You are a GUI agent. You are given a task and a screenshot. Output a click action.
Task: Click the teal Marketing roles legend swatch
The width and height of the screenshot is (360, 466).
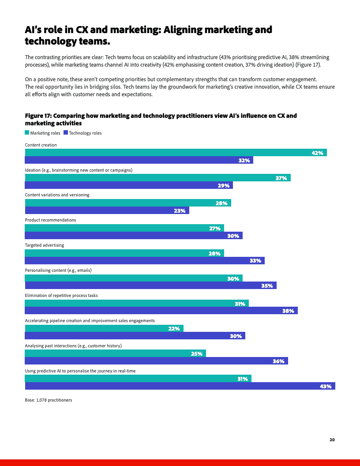point(27,133)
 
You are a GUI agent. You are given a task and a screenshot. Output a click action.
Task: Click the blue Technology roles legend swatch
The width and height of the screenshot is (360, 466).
point(66,133)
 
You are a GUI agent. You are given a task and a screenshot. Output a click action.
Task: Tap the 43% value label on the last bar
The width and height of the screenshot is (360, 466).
point(325,386)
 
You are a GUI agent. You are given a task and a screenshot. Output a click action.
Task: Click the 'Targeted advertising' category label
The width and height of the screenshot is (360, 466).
point(44,245)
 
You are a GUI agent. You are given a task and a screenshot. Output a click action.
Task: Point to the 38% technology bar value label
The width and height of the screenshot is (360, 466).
point(288,311)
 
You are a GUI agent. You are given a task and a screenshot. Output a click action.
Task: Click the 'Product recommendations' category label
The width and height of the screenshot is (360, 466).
point(50,220)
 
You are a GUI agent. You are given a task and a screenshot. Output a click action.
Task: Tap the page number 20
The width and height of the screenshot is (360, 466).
point(332,440)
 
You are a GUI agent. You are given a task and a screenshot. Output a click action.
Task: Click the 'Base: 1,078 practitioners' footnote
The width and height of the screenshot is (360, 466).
point(48,400)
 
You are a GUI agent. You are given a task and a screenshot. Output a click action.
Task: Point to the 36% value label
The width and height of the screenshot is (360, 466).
point(278,361)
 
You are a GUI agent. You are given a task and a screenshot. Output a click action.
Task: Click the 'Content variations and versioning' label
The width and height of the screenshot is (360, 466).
point(57,195)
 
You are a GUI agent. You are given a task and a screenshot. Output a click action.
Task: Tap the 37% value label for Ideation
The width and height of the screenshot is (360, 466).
point(281,178)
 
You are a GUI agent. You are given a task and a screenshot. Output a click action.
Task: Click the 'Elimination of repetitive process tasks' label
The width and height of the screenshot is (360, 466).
point(61,295)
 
